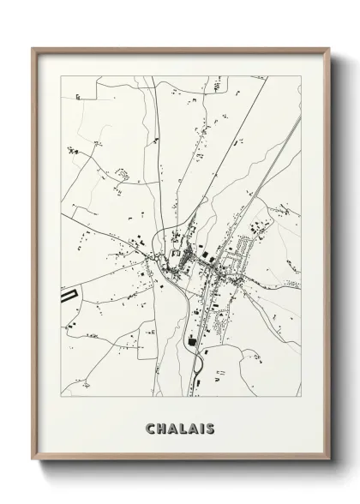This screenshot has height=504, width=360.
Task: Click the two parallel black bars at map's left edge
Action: [68, 297]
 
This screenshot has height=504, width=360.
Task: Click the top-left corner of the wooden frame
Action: [33, 49]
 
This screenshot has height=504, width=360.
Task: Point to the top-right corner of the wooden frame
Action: [328, 49]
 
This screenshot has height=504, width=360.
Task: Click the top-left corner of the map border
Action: [63, 76]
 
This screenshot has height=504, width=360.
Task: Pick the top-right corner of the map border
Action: [300, 76]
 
